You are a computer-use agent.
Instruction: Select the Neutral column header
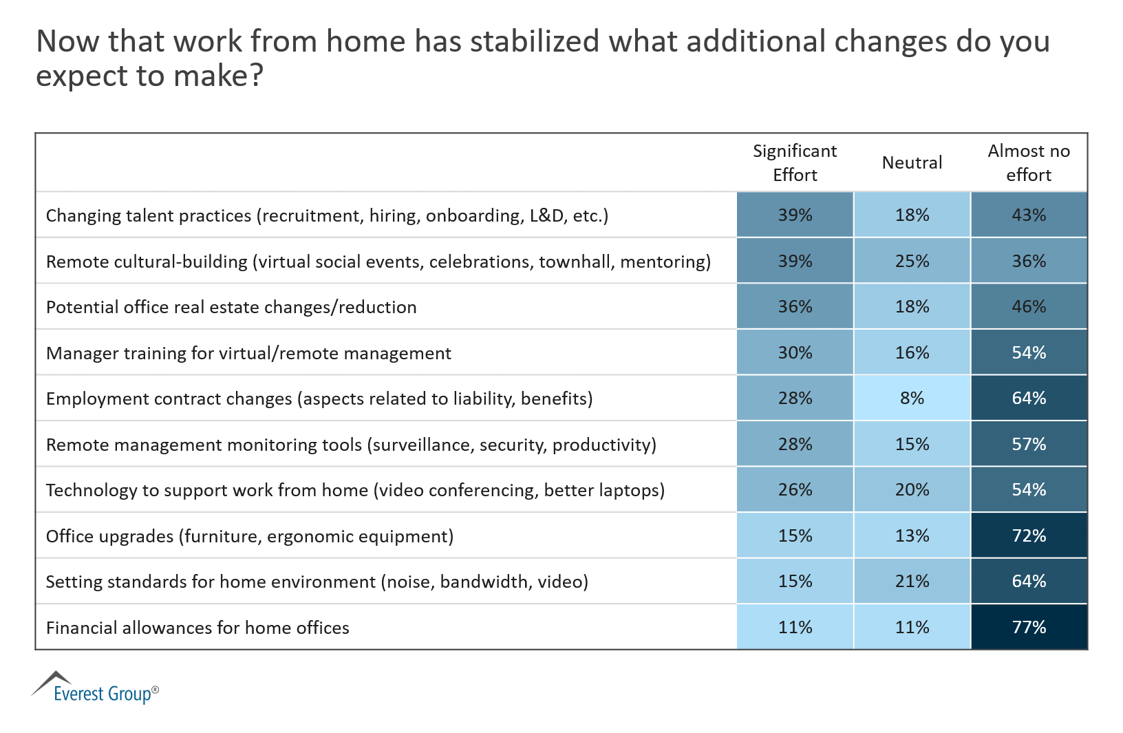click(912, 163)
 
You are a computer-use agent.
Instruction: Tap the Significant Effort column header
click(795, 163)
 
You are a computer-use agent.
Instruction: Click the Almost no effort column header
click(1029, 163)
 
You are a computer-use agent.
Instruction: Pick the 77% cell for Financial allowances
click(1029, 627)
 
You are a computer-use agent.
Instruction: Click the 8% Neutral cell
click(912, 399)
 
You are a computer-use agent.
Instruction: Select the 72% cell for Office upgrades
click(1029, 535)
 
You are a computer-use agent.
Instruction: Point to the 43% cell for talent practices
click(1029, 215)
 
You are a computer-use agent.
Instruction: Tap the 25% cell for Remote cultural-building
click(912, 262)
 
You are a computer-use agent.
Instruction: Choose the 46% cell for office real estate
click(1029, 307)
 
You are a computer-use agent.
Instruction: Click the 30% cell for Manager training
click(795, 353)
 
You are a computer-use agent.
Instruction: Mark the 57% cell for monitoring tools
click(1029, 445)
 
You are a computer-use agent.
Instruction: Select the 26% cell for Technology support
click(795, 490)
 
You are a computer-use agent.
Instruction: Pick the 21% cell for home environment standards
click(912, 582)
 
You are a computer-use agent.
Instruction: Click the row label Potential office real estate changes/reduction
click(231, 307)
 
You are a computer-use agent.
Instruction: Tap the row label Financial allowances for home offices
click(197, 628)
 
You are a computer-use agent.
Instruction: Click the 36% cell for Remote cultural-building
click(1029, 262)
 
